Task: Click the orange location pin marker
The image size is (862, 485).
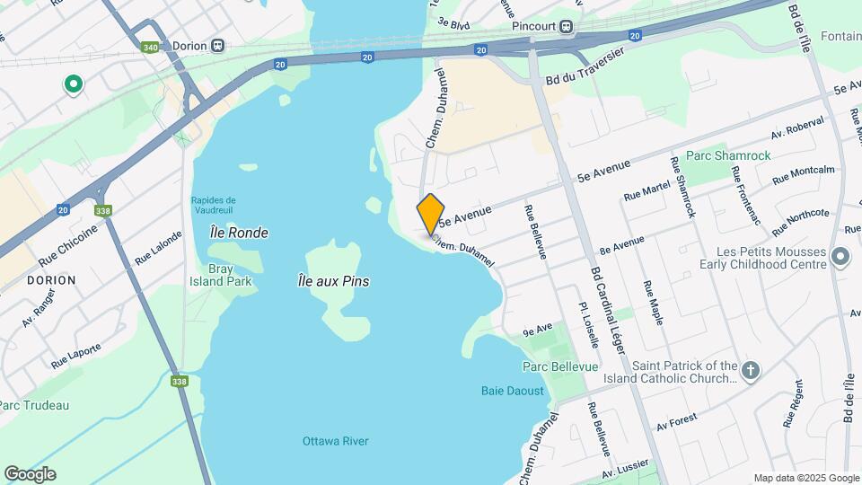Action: tap(431, 214)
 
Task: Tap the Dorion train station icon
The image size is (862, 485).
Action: tap(218, 46)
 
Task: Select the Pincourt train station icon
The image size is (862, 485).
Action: tap(567, 26)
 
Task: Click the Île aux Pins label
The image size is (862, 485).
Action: tap(333, 281)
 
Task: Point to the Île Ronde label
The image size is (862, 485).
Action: tap(238, 233)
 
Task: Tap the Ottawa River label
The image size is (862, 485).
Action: tap(335, 441)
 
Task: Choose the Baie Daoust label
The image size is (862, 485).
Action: tap(513, 391)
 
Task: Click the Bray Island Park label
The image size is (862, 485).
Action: tap(221, 275)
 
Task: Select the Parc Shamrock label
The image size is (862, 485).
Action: tap(728, 155)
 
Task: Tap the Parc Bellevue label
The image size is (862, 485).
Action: tap(555, 366)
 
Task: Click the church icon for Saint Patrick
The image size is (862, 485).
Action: tap(752, 368)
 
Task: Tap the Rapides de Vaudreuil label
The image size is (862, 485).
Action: tap(213, 205)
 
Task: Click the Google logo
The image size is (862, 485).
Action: tap(30, 474)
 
